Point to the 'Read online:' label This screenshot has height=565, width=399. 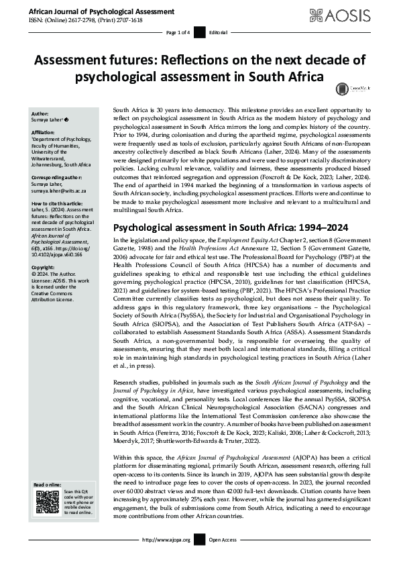click(x=48, y=484)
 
